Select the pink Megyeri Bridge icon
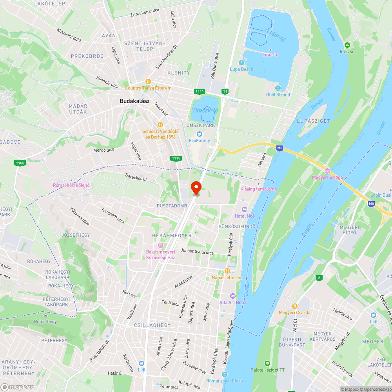pyautogui.click(x=327, y=171)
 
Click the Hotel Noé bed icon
pyautogui.click(x=245, y=210)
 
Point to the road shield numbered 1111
pyautogui.click(x=200, y=91)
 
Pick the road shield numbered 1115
pyautogui.click(x=176, y=158)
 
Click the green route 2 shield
pyautogui.click(x=319, y=278)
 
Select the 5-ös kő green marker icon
pyautogui.click(x=347, y=45)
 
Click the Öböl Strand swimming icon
pyautogui.click(x=278, y=88)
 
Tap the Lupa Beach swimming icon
pyautogui.click(x=241, y=63)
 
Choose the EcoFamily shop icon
pyautogui.click(x=199, y=134)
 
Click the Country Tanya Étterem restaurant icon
pyautogui.click(x=148, y=82)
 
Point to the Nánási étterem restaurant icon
pyautogui.click(x=227, y=271)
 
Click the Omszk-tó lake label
pyautogui.click(x=205, y=111)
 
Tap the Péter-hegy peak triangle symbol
pyautogui.click(x=45, y=315)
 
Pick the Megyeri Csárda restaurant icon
pyautogui.click(x=294, y=306)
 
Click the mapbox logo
pyautogui.click(x=18, y=387)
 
